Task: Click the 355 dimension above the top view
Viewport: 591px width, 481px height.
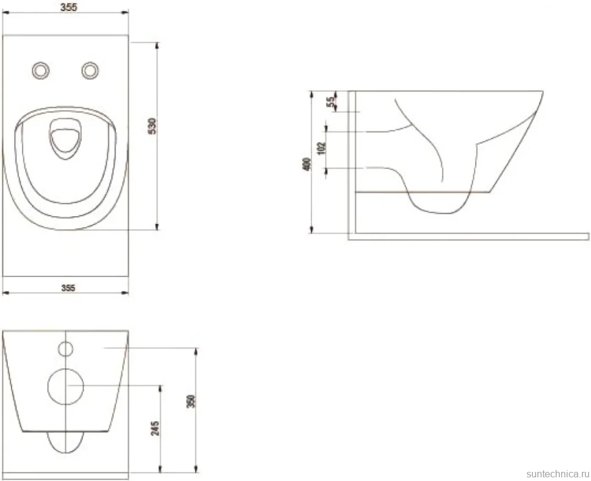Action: [69, 7]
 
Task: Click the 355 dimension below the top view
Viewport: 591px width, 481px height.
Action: [68, 288]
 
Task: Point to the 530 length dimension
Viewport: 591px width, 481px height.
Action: [152, 126]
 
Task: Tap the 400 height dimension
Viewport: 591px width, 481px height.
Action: [307, 164]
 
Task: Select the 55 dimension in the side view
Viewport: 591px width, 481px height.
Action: [330, 102]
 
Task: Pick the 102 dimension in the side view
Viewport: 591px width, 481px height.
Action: [322, 148]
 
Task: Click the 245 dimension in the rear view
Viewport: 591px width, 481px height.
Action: [155, 429]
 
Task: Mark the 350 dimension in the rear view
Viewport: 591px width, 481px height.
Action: [191, 401]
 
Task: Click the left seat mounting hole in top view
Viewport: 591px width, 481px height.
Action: [41, 71]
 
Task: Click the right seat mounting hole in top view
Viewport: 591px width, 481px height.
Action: [90, 71]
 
